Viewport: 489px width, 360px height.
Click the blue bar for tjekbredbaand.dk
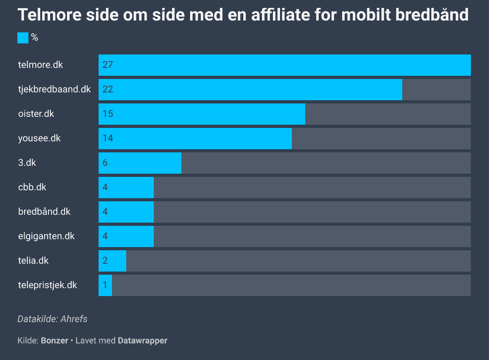click(250, 90)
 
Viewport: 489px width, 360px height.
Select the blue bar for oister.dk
click(202, 114)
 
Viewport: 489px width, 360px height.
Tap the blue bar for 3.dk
click(140, 163)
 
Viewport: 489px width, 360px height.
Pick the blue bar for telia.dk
click(112, 261)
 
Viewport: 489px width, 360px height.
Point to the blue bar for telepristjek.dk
click(105, 285)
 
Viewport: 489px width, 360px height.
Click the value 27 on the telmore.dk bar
click(108, 65)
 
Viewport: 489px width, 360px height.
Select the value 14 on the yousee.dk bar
click(108, 138)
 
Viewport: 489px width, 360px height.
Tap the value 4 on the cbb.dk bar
click(105, 187)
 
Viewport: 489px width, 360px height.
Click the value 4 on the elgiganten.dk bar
click(105, 236)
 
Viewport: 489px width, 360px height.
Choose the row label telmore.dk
click(40, 65)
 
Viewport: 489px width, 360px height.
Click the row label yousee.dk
click(39, 139)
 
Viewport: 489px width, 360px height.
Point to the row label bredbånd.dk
click(44, 211)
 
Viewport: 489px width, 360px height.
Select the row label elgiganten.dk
click(46, 236)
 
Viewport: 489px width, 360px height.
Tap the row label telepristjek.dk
click(48, 285)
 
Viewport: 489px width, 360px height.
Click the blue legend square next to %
click(23, 38)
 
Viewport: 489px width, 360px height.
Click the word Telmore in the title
click(50, 15)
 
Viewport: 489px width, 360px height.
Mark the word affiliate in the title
click(281, 15)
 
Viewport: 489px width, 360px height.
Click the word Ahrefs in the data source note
click(74, 319)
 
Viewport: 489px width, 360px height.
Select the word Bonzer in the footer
click(54, 341)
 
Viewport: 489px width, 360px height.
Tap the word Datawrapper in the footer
click(142, 341)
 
